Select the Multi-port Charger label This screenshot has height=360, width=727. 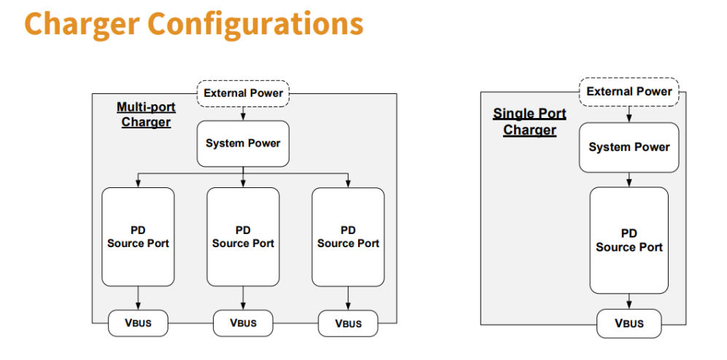(146, 114)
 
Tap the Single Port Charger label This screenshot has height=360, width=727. (529, 122)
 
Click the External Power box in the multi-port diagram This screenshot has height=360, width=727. (243, 93)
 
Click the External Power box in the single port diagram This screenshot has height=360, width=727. (629, 92)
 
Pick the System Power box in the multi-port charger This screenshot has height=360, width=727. (243, 144)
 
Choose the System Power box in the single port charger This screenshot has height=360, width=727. (629, 147)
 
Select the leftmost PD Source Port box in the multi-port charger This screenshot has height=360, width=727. (138, 237)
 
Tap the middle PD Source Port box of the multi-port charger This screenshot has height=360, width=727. (243, 237)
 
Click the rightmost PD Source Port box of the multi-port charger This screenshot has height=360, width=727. (348, 237)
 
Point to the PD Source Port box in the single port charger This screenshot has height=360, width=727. (629, 240)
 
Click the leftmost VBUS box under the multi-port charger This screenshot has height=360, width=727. (138, 323)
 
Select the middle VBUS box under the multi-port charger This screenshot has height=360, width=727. (243, 323)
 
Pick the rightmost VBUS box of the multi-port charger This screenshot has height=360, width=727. (349, 323)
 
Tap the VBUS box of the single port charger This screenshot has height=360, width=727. (629, 324)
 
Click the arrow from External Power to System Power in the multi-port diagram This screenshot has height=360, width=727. (243, 114)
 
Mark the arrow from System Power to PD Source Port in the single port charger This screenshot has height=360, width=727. (629, 179)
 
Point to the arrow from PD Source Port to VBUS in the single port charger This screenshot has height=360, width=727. (629, 301)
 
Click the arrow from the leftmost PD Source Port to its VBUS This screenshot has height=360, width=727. (138, 298)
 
